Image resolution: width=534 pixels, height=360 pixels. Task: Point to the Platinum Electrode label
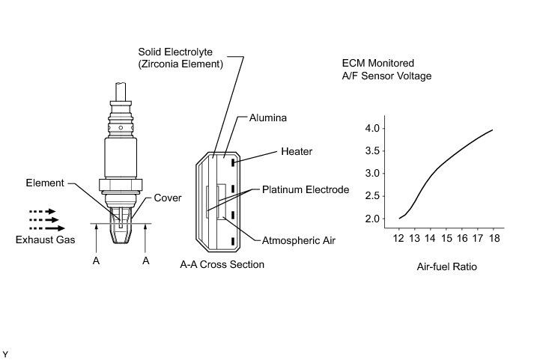(305, 190)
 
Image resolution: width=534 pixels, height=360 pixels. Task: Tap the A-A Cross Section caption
(222, 265)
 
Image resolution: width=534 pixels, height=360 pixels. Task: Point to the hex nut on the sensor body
(121, 185)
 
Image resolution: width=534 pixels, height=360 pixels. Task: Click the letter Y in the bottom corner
(5, 352)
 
